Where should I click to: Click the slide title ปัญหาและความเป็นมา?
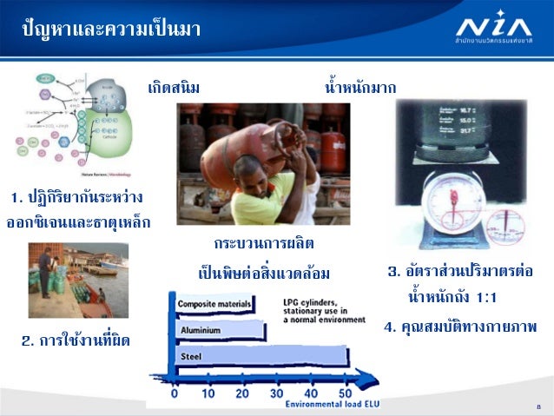point(111,30)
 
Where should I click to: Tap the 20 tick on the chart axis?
point(241,393)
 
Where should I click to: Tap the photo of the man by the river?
point(77,280)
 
